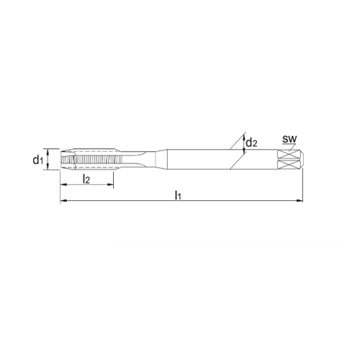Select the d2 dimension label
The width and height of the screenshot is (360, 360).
(x=252, y=143)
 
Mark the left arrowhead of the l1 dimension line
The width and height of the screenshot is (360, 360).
(x=62, y=202)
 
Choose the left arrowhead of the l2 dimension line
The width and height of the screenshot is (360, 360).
(x=62, y=186)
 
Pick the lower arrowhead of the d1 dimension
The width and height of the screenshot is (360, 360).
(x=50, y=169)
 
